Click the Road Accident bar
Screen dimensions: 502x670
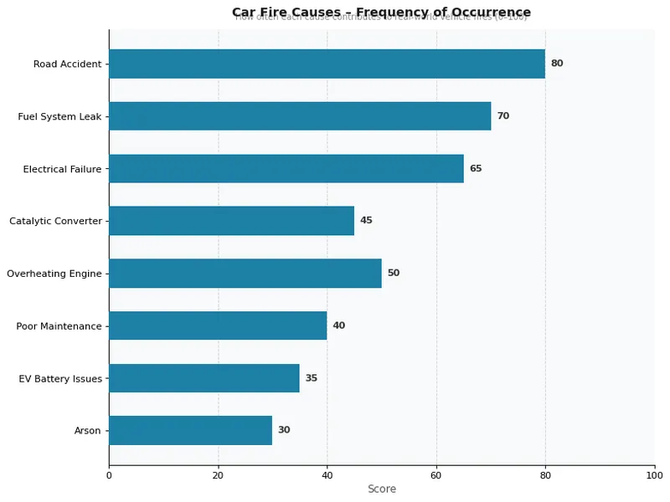pyautogui.click(x=327, y=64)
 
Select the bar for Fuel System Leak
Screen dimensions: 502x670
pyautogui.click(x=300, y=116)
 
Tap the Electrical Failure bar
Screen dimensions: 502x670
pyautogui.click(x=286, y=168)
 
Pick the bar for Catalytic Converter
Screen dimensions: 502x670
pyautogui.click(x=231, y=221)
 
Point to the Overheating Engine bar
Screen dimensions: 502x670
pyautogui.click(x=245, y=273)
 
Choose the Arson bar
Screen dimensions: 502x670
pyautogui.click(x=190, y=430)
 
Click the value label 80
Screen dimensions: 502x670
pyautogui.click(x=557, y=64)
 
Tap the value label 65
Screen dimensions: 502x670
pyautogui.click(x=476, y=168)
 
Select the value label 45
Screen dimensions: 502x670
pyautogui.click(x=366, y=221)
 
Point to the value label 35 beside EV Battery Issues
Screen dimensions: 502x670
pyautogui.click(x=312, y=378)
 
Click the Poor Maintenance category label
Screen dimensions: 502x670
pyautogui.click(x=59, y=325)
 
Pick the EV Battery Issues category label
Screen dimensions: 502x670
pyautogui.click(x=60, y=378)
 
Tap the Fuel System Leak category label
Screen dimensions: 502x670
pyautogui.click(x=59, y=116)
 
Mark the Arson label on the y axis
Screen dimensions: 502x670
pyautogui.click(x=87, y=430)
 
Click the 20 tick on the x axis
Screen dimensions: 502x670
pyautogui.click(x=218, y=475)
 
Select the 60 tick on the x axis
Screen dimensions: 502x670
pyautogui.click(x=436, y=475)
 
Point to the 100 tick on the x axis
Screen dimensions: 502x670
pyautogui.click(x=654, y=475)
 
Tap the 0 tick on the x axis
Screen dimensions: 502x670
pyautogui.click(x=109, y=475)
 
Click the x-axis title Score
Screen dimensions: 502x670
pyautogui.click(x=382, y=489)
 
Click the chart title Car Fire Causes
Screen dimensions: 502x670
pyautogui.click(x=381, y=12)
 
